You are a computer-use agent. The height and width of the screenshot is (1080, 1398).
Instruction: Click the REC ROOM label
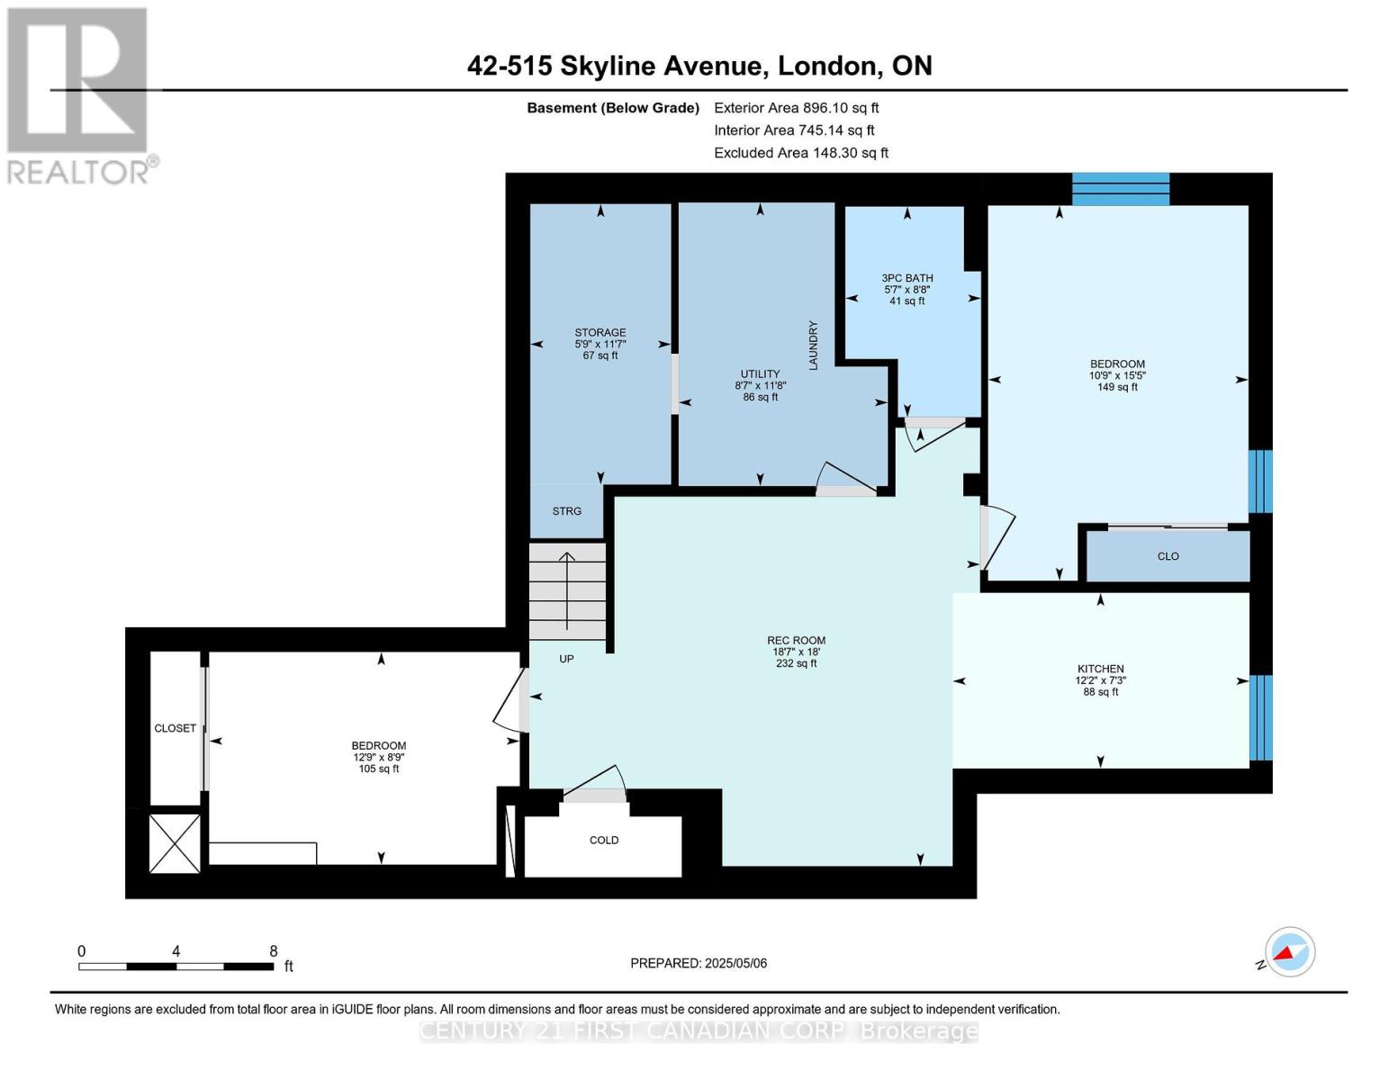pos(796,640)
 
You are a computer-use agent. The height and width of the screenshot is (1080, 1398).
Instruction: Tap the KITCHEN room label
pos(1100,669)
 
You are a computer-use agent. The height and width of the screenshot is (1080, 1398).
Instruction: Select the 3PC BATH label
pos(907,278)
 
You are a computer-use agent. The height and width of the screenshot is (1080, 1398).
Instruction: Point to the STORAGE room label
pos(600,332)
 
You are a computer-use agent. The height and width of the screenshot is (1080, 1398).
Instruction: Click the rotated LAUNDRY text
pos(813,346)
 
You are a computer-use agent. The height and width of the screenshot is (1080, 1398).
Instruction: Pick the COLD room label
pos(603,840)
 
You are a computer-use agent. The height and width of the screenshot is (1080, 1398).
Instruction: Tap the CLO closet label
pos(1168,556)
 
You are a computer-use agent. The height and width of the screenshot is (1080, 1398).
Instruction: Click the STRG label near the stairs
pos(566,510)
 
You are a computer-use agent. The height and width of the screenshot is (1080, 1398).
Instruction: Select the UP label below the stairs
pos(566,659)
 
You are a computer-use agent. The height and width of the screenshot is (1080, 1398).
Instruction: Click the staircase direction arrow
pos(567,590)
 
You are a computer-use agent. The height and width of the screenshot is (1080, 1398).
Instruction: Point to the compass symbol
pos(1289,952)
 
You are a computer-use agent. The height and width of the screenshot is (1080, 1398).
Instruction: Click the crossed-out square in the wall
pos(175,842)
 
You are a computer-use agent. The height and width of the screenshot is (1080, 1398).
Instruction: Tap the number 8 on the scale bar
pos(274,950)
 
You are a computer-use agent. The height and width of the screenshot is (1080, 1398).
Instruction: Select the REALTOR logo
pos(80,96)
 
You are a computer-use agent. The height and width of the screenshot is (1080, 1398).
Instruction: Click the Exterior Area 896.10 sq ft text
pos(797,108)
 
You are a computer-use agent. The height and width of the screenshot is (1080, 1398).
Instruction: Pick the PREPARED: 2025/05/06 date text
pos(699,963)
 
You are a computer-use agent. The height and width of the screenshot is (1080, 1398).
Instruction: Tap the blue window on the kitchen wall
pos(1260,716)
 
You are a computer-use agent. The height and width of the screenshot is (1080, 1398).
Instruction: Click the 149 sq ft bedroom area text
pos(1117,387)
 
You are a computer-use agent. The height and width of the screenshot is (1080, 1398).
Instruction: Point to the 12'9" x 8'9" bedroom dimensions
pos(379,757)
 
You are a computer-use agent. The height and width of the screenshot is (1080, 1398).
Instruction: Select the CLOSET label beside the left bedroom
pos(175,728)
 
